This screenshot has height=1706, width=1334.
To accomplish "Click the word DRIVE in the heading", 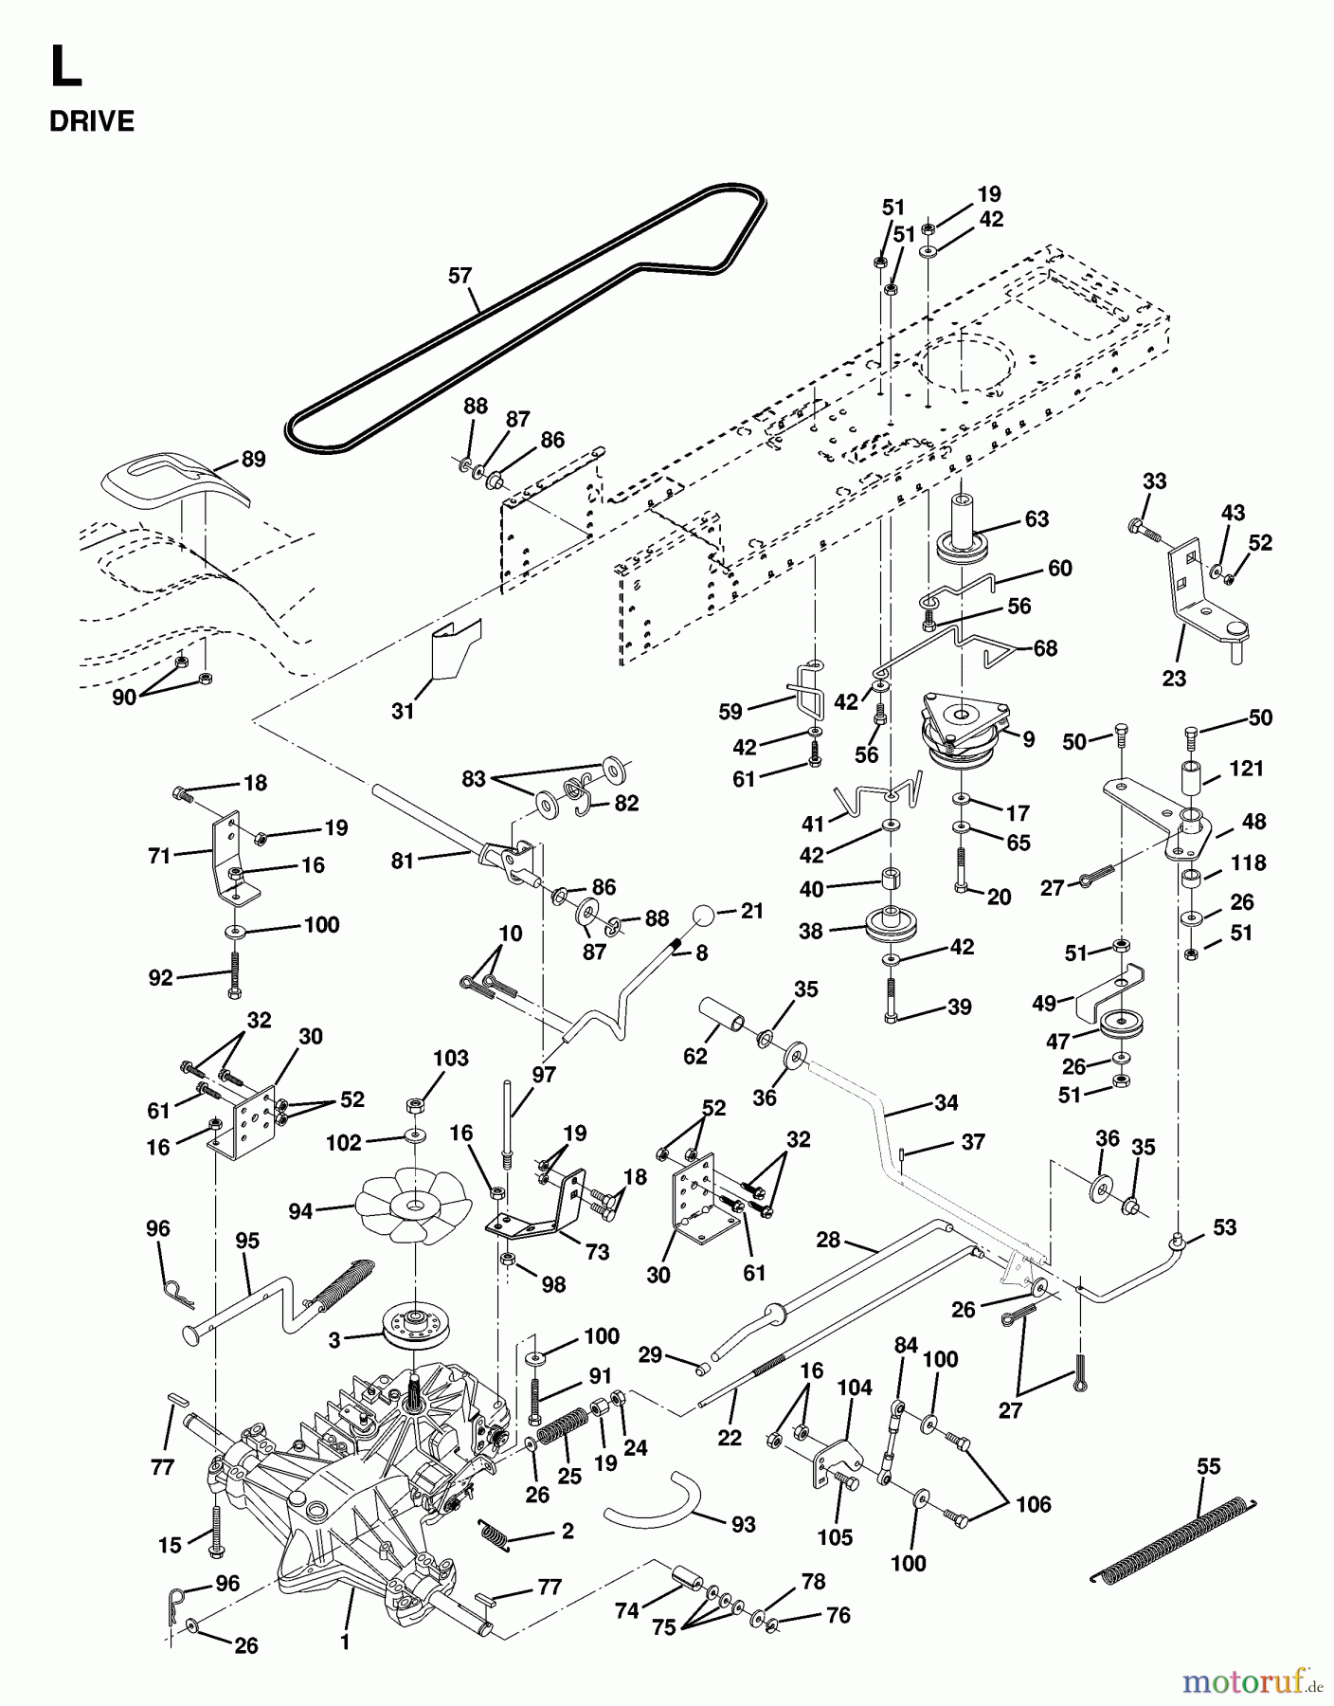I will click(92, 121).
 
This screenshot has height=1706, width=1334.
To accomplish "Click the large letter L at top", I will click(65, 69).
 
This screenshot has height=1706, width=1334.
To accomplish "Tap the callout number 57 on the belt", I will click(460, 276).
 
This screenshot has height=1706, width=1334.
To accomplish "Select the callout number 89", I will click(253, 459).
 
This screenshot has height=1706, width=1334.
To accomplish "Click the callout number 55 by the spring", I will click(1208, 1466).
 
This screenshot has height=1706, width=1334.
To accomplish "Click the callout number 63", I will click(1037, 518).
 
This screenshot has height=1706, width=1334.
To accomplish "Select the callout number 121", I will click(1246, 769).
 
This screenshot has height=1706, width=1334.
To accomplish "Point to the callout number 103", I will click(451, 1058).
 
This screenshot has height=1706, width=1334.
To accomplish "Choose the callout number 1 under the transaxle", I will click(345, 1642).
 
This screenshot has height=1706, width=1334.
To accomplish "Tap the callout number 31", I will click(403, 710).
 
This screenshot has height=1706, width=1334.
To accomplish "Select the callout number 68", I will click(1045, 648).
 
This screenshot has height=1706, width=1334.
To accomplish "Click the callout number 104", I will click(855, 1388).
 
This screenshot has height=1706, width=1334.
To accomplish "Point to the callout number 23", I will click(1174, 679).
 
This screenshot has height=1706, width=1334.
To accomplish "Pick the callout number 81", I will click(403, 862).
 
